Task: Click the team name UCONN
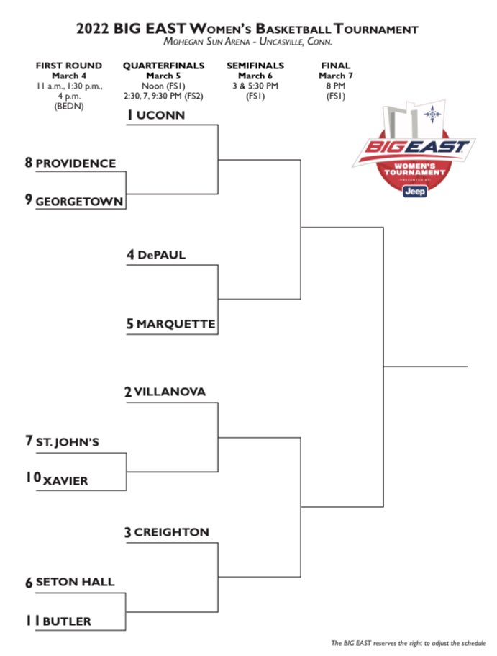[x=161, y=115]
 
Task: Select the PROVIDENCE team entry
[x=76, y=163]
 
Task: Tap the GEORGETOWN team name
[x=79, y=200]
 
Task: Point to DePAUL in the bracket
[x=161, y=255]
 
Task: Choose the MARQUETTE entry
[x=175, y=325]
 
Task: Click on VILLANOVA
[x=170, y=392]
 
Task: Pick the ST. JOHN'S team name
[x=67, y=442]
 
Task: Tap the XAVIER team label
[x=65, y=480]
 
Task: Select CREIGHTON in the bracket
[x=171, y=533]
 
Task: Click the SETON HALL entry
[x=75, y=582]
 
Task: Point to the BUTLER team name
[x=66, y=621]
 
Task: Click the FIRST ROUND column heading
[x=69, y=66]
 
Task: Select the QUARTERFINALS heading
[x=163, y=66]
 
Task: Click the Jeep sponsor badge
[x=415, y=191]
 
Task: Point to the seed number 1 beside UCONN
[x=131, y=115]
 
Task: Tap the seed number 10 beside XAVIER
[x=33, y=478]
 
